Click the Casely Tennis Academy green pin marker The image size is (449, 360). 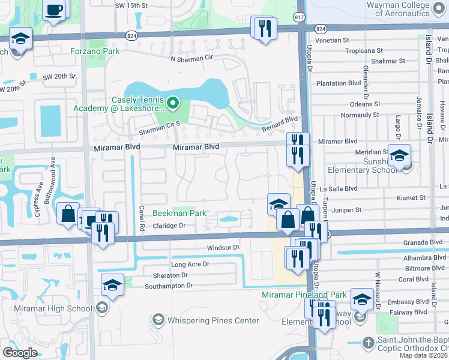point(174,104)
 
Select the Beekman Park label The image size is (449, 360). point(179,213)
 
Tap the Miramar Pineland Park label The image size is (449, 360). point(304,295)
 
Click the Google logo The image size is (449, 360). point(20,352)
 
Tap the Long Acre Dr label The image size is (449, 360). point(190,264)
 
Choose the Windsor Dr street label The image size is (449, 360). point(223,247)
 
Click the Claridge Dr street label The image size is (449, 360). point(170,226)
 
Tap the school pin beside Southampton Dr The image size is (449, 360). point(112,284)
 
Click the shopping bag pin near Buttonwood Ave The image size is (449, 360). point(68,213)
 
